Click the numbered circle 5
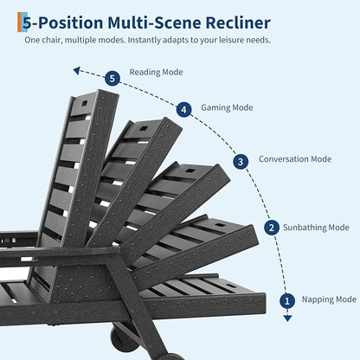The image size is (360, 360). click(x=112, y=79)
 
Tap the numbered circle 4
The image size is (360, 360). click(x=183, y=110)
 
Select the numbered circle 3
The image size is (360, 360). click(x=241, y=162)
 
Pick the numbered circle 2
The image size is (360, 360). click(x=272, y=228)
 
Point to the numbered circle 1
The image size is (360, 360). click(x=287, y=301)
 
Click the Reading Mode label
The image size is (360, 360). click(x=156, y=72)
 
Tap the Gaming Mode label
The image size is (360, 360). click(x=227, y=107)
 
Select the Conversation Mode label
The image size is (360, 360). click(x=295, y=159)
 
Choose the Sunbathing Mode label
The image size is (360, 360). click(x=316, y=228)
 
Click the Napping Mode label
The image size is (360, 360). click(x=329, y=299)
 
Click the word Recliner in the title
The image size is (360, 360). click(x=238, y=22)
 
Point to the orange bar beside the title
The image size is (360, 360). click(x=19, y=22)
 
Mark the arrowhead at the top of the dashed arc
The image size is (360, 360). click(x=76, y=70)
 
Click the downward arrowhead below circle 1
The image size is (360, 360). click(x=287, y=318)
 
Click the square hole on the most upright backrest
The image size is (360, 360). click(x=84, y=103)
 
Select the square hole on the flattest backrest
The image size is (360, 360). click(x=231, y=286)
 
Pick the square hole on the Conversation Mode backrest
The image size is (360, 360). click(x=190, y=170)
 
